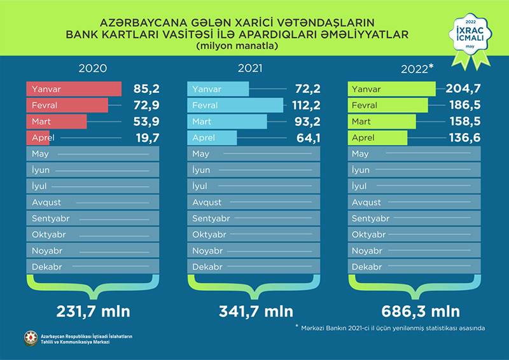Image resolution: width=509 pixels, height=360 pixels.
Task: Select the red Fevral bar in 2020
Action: [67, 105]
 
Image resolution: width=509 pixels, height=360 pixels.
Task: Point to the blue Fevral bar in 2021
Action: [235, 105]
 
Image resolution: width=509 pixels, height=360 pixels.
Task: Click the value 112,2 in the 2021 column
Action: [303, 105]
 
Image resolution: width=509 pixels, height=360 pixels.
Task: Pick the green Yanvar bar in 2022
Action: [391, 89]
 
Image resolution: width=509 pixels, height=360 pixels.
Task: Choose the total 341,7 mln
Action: [253, 312]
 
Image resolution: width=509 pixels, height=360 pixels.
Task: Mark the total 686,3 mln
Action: [413, 312]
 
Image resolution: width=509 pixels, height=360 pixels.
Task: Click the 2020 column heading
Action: [92, 68]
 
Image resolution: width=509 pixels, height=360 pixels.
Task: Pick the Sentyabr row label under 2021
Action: [211, 218]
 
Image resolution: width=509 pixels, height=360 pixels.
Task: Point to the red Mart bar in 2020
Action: [57, 121]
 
